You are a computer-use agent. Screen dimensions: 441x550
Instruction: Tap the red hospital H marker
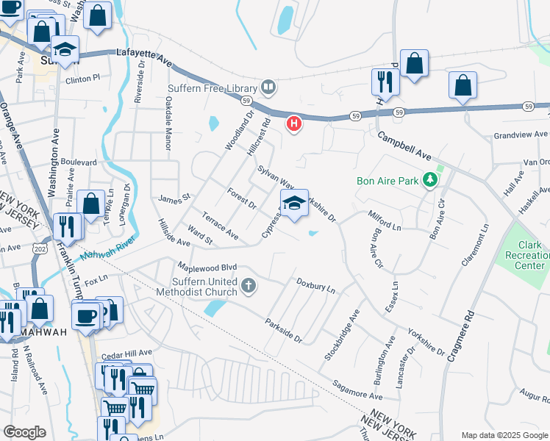click(x=294, y=123)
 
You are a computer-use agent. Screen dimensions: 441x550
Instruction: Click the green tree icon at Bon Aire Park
click(x=440, y=181)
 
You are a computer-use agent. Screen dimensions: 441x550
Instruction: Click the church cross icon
click(x=249, y=285)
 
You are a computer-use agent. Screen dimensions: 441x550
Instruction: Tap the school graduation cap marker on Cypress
click(x=294, y=204)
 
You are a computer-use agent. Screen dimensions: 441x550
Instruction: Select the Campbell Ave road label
click(x=404, y=147)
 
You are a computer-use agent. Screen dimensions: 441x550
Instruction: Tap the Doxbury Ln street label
click(x=315, y=285)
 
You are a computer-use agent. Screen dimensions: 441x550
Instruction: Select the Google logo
click(x=24, y=432)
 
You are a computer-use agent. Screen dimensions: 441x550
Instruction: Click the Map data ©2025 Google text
click(x=504, y=435)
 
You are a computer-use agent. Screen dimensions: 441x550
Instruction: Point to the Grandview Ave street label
click(x=521, y=135)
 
